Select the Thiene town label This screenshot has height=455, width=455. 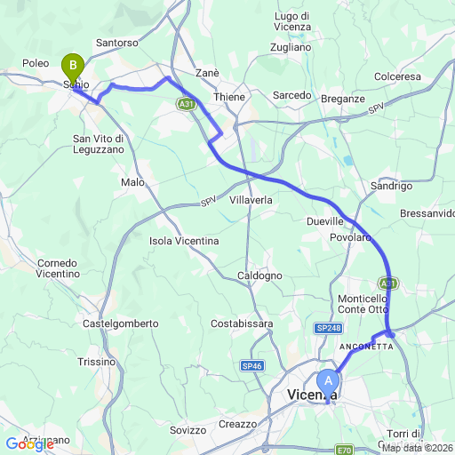click(x=228, y=96)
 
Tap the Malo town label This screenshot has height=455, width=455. click(x=132, y=182)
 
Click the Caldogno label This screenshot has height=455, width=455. click(x=260, y=275)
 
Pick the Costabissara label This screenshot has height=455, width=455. click(x=242, y=323)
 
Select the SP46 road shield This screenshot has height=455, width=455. click(x=251, y=365)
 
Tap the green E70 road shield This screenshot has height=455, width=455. click(x=346, y=449)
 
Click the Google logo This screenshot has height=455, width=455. click(x=29, y=444)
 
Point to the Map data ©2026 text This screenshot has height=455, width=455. click(x=417, y=447)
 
